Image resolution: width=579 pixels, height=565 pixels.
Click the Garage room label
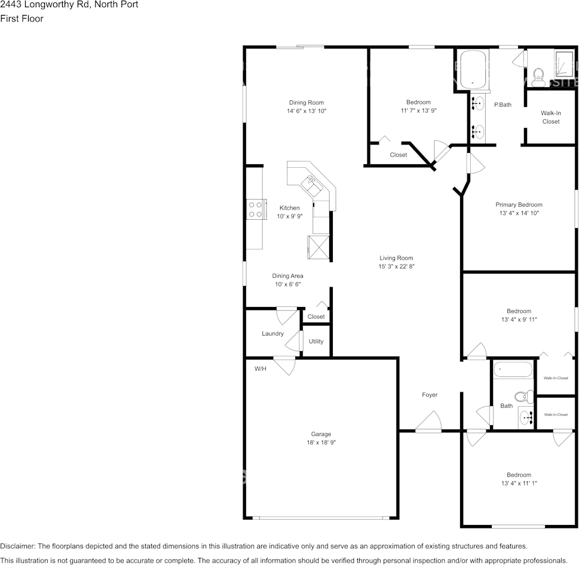coord(320,434)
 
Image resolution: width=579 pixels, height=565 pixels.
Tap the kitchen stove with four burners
coord(255,209)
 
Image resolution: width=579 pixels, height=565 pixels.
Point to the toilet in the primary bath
coord(538,74)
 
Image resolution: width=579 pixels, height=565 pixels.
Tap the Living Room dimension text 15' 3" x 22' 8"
coord(396,266)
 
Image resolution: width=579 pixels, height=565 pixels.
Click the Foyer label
coord(430,395)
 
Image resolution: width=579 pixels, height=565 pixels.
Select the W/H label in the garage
coord(261,369)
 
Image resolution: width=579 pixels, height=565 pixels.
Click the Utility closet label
coord(316,342)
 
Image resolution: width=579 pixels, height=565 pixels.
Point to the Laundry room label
coord(272,334)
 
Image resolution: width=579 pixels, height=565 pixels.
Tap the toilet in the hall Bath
coord(524,395)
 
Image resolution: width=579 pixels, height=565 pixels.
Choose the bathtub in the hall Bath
coord(513,370)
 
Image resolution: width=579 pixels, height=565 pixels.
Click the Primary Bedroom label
coord(519,205)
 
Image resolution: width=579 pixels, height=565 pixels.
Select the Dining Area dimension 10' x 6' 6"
coord(288,284)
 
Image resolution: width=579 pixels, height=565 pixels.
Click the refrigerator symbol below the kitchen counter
coord(318,247)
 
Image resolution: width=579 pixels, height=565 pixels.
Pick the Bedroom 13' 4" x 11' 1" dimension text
coord(519,483)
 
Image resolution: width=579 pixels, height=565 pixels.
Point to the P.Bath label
coord(503,105)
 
